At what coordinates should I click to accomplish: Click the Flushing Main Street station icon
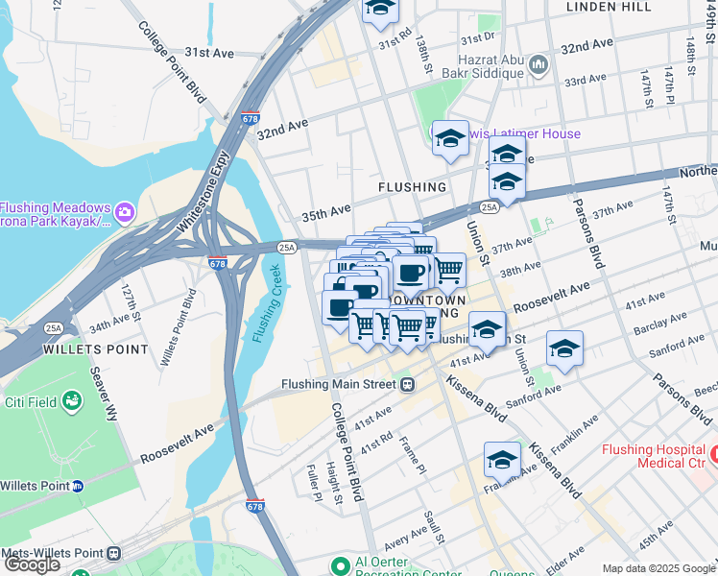pyautogui.click(x=407, y=385)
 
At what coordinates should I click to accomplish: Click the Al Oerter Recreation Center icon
pyautogui.click(x=337, y=564)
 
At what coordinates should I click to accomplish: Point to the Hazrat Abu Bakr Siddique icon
pyautogui.click(x=538, y=65)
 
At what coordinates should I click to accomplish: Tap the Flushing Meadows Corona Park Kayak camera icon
pyautogui.click(x=124, y=210)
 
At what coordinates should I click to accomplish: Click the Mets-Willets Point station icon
pyautogui.click(x=114, y=554)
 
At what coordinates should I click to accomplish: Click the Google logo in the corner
pyautogui.click(x=32, y=564)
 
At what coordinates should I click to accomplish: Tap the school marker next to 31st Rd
pyautogui.click(x=380, y=8)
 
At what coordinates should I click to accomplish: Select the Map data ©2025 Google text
pyautogui.click(x=658, y=568)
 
